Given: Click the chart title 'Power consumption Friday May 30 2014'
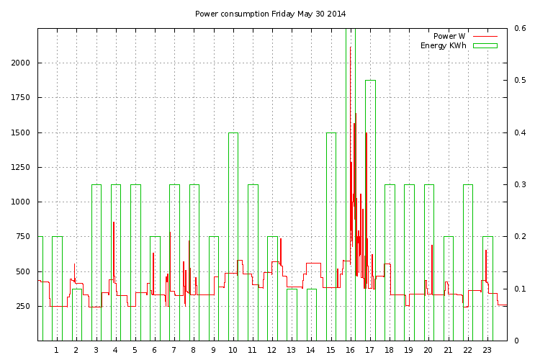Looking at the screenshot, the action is [271, 14].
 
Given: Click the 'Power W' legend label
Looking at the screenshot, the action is [449, 36].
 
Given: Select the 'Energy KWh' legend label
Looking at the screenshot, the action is [444, 45].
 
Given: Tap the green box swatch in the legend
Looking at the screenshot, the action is [485, 45].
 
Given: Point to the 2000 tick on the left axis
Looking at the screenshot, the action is [20, 63].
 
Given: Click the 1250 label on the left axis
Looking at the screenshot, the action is [20, 167].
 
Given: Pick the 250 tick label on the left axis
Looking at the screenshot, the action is [23, 306].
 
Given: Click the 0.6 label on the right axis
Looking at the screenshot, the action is [520, 28].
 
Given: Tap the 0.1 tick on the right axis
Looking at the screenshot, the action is [520, 289].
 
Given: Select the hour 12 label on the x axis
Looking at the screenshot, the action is [271, 350].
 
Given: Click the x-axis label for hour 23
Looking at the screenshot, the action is [487, 350].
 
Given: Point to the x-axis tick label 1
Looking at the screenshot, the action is [56, 350].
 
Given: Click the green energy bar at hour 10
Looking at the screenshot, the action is [233, 236].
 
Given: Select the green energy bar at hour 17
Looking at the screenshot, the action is [370, 210].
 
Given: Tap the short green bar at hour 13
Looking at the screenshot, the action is [292, 315].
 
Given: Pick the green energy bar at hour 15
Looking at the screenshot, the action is [331, 236].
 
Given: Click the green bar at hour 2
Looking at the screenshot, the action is [77, 315].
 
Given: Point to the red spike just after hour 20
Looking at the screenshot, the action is [432, 268].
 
